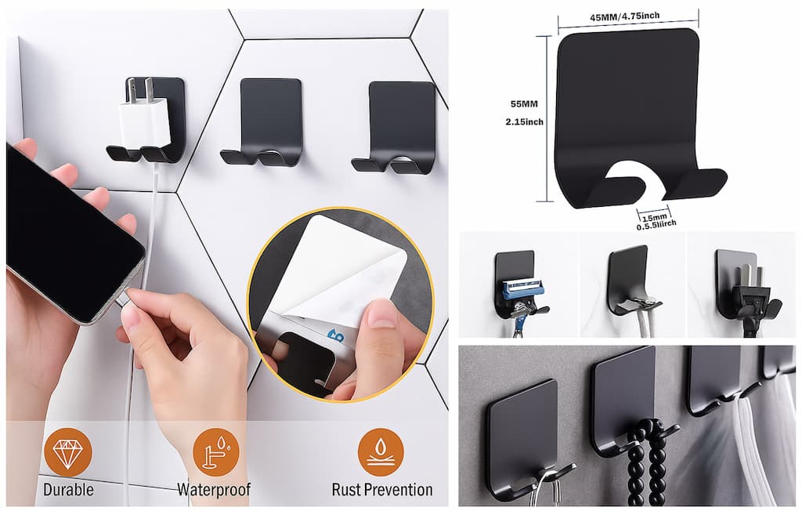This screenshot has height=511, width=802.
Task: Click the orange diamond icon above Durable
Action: pos(67,453)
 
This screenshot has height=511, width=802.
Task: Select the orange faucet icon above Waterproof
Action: pos(216,453)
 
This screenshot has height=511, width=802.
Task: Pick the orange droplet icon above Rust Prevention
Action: pos(381,453)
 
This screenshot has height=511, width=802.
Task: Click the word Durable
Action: pos(68,490)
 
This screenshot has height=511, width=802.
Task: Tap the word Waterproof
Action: pos(214,490)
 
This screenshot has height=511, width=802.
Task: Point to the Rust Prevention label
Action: pos(382,490)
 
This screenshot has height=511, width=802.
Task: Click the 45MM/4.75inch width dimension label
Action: pos(624,16)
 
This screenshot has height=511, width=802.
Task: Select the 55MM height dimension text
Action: pos(524,104)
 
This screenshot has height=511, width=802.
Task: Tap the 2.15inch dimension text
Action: pos(524,121)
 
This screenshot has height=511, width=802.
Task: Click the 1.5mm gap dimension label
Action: pos(654,218)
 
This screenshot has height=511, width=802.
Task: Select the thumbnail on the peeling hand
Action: pos(381,313)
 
